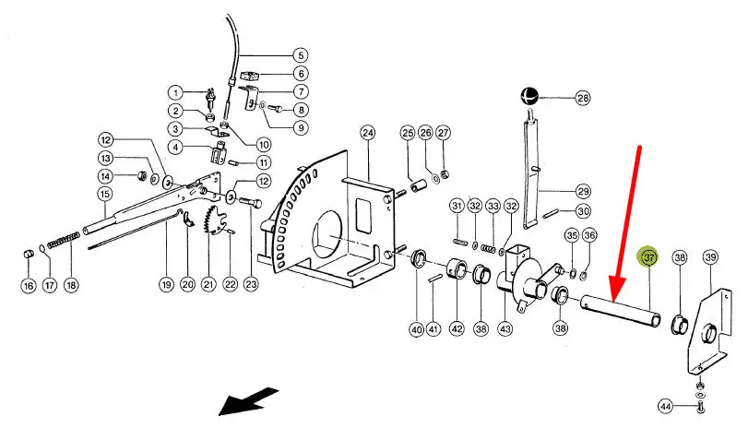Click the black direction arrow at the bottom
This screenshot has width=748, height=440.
pos(248,401)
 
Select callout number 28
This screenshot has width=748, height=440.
pos(582,97)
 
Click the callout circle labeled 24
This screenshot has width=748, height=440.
pos(368,134)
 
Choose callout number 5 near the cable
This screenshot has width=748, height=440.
pos(300,54)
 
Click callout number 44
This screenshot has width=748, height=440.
pos(666,406)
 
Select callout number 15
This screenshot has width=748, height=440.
pos(105,195)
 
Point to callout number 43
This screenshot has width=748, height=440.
pos(505,329)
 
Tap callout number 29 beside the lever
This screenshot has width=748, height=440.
pos(581,192)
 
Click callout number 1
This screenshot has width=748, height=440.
pos(176,92)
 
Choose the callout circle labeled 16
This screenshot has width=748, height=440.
pos(28,285)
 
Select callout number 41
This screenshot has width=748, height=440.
pos(433,329)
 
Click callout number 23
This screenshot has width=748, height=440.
pos(251,285)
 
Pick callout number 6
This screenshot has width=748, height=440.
pos(301,74)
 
